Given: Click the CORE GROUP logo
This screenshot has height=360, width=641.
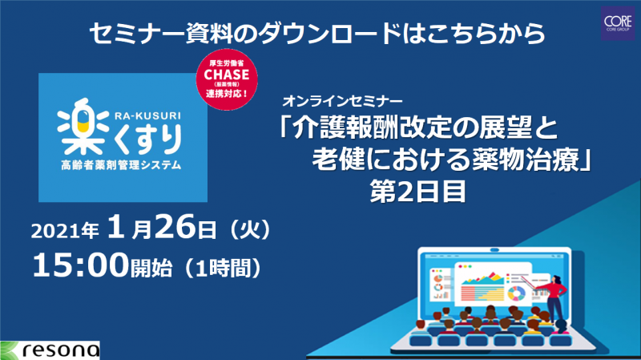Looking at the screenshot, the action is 618,23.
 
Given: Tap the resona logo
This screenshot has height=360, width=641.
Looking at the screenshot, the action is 50,350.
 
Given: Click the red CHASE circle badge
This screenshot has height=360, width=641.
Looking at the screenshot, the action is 227,79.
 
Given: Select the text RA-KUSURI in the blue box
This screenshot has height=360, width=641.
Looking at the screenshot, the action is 147,115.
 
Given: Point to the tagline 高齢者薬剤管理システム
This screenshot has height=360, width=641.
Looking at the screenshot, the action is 121,165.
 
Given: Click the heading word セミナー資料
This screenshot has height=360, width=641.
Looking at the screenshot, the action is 160,33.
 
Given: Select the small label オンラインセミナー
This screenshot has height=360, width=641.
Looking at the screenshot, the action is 342,100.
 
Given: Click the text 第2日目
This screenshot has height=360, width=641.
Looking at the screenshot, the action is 417,192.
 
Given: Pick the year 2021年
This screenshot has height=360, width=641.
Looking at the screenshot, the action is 65,231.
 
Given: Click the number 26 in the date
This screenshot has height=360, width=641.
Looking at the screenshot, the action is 175,227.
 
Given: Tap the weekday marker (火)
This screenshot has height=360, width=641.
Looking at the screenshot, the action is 250,229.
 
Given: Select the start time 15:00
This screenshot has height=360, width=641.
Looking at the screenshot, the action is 81,265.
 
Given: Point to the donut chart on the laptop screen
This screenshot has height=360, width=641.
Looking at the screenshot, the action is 516,293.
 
